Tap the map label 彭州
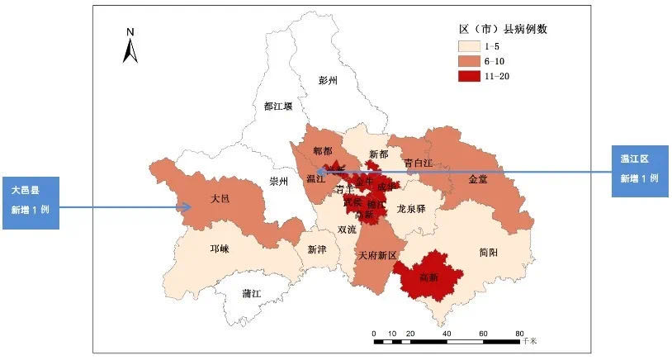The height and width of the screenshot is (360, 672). click(329, 80)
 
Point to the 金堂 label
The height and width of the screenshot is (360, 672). click(478, 178)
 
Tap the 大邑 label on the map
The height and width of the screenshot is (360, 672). click(220, 199)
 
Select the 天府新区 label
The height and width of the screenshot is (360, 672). click(377, 256)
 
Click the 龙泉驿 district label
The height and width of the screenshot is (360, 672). click(410, 209)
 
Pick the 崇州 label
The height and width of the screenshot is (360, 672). click(279, 182)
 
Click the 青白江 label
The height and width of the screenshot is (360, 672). click(418, 163)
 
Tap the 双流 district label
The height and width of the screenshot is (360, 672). click(348, 230)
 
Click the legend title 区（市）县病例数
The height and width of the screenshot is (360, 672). click(504, 28)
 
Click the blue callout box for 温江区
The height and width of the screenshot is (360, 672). click(639, 170)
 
